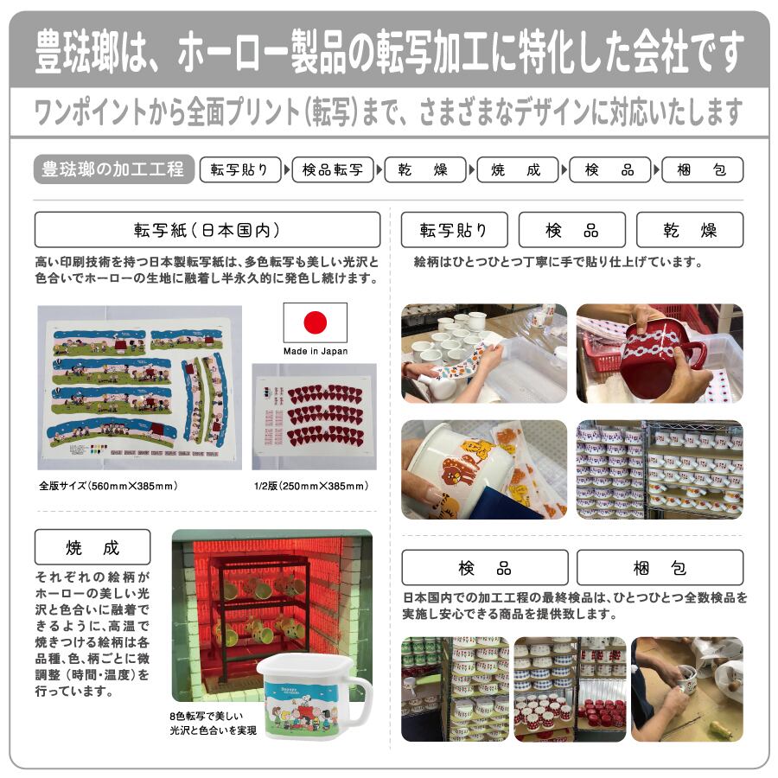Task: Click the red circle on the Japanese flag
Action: point(315,322)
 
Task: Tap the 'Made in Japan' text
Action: point(316,351)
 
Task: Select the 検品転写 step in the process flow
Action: point(333,169)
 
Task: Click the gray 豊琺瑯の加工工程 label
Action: point(113,169)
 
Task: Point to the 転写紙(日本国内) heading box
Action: point(207,230)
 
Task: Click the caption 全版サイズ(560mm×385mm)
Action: point(108,486)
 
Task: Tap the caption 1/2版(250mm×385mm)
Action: point(311,486)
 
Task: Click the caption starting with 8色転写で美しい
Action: point(214,723)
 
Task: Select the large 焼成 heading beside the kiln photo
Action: point(92,547)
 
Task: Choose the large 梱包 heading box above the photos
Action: point(660,568)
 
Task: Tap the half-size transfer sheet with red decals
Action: point(314,417)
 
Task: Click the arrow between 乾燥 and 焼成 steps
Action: point(472,169)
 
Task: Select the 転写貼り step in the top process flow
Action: point(240,169)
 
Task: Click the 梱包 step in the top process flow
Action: point(702,169)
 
